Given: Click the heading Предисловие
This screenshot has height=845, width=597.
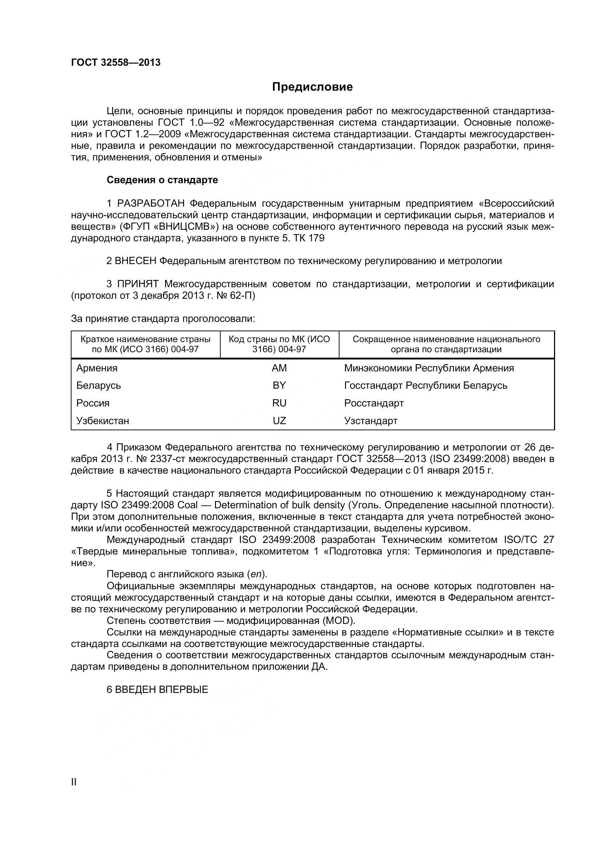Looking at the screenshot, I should [312, 87].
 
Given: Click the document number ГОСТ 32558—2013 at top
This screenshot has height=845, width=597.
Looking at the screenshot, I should [116, 62].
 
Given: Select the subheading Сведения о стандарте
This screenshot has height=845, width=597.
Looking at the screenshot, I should [162, 180].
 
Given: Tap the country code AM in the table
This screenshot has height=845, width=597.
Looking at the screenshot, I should [279, 368].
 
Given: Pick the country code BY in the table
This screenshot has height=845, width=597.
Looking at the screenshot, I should [279, 385].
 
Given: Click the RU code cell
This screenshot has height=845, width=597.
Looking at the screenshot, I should [279, 403].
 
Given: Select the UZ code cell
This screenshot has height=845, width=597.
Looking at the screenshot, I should [279, 421].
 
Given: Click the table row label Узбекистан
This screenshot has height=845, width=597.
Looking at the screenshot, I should [103, 421].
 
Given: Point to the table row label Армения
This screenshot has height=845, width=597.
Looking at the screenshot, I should [97, 368].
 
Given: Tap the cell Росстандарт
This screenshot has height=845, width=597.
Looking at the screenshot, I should [374, 403].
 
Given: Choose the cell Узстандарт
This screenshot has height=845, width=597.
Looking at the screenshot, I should [371, 421].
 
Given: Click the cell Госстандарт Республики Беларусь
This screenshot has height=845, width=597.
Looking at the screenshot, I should [425, 385].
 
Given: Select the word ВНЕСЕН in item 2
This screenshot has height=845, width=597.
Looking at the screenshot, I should [136, 261].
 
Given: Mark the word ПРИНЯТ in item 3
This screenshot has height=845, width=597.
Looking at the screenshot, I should [138, 284].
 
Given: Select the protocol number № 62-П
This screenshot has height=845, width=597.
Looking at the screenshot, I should [235, 296].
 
